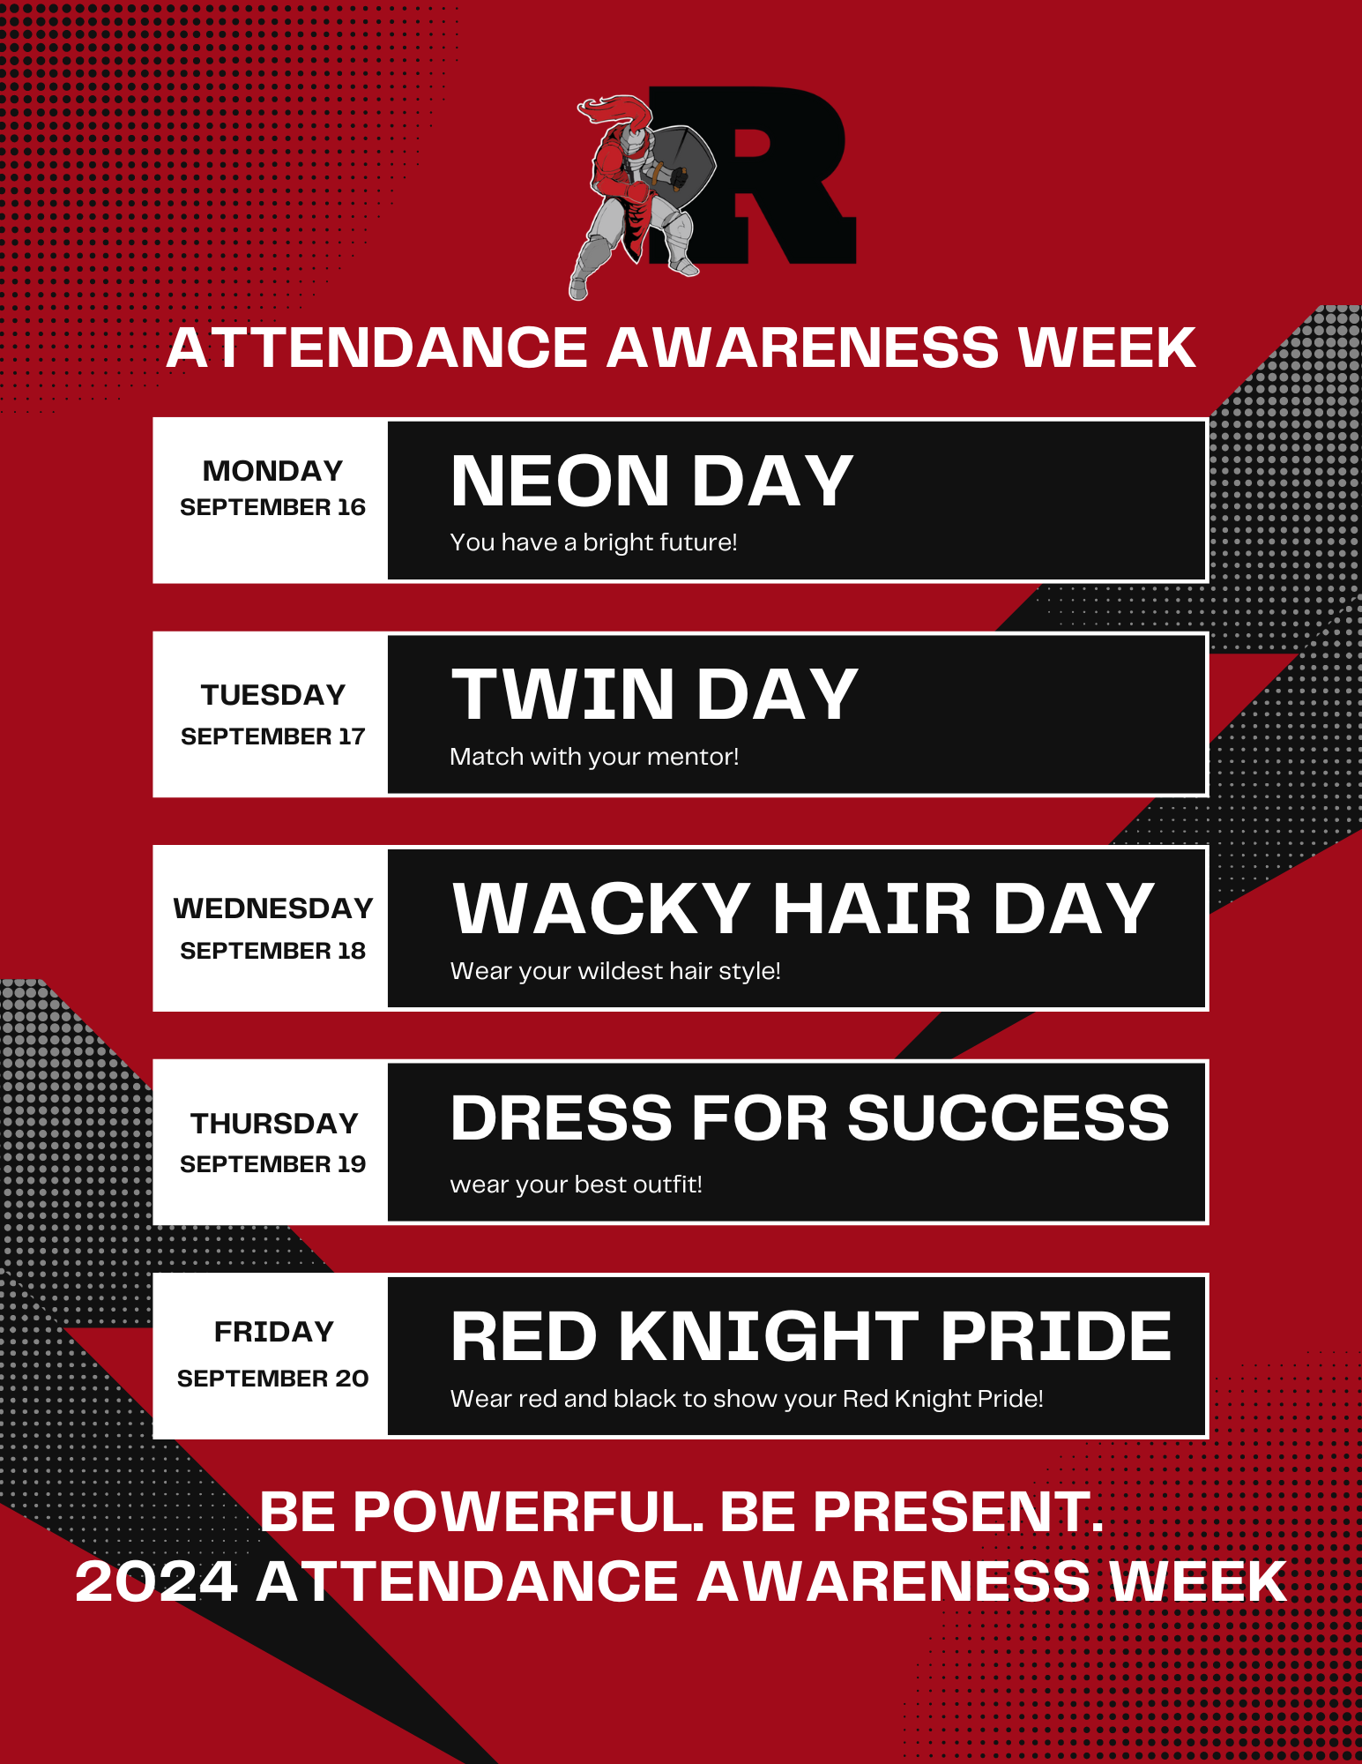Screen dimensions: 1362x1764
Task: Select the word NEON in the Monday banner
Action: (x=560, y=482)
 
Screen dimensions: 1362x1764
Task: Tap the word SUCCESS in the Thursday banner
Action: (x=1008, y=1117)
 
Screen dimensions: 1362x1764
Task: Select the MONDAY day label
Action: (x=272, y=471)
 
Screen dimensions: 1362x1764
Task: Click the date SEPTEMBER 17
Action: (x=272, y=736)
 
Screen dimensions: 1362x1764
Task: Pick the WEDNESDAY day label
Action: (x=273, y=908)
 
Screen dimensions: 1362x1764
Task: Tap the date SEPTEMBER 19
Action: (x=272, y=1164)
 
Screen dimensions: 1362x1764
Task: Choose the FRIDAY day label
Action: (x=274, y=1331)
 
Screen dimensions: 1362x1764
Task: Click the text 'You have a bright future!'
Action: (x=593, y=542)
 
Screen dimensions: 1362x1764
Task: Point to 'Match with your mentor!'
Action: (x=594, y=756)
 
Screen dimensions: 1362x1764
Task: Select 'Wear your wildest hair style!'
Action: (x=615, y=970)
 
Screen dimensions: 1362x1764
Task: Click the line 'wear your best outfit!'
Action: (x=576, y=1184)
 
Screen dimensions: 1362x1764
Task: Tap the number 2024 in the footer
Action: (x=156, y=1581)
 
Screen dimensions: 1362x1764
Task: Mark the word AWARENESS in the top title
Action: (x=803, y=347)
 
